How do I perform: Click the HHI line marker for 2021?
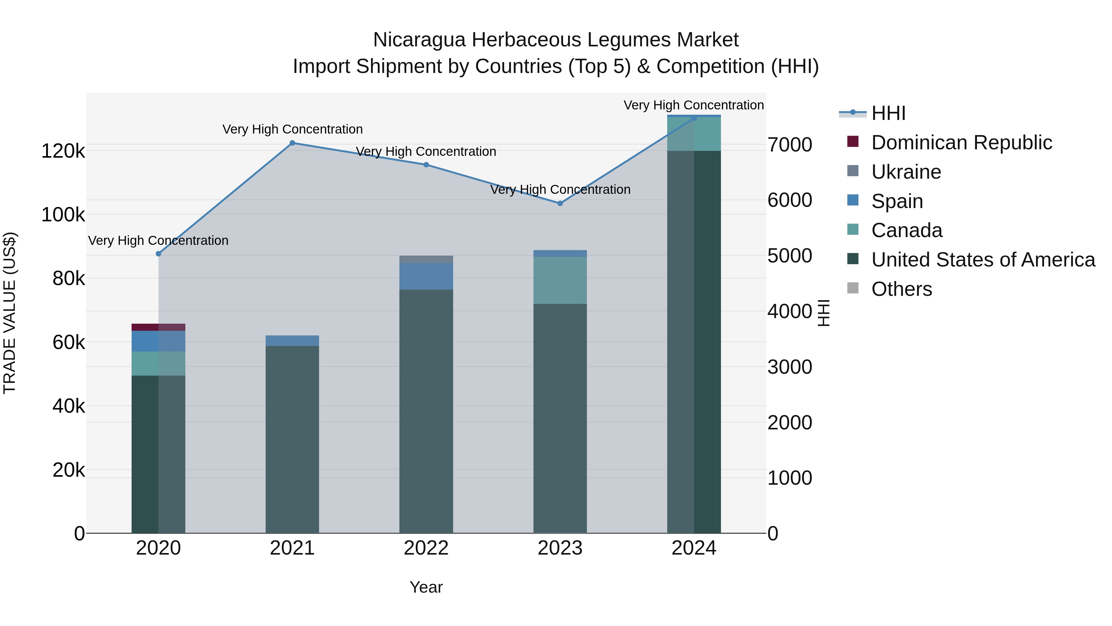point(292,143)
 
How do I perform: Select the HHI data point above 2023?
point(560,203)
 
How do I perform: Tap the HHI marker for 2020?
point(158,253)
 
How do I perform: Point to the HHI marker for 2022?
point(426,164)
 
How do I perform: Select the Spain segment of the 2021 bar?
point(292,340)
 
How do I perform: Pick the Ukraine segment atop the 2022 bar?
point(426,259)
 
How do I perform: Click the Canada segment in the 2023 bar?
point(560,280)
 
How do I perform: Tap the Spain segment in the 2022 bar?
point(426,276)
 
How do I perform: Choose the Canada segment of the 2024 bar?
point(694,134)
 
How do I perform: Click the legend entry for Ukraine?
point(906,172)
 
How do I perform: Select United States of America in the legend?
point(983,260)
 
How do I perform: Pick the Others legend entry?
point(901,289)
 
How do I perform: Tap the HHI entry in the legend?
point(888,113)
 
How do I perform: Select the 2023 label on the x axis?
point(560,548)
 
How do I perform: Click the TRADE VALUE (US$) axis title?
point(10,313)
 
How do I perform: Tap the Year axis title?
point(426,587)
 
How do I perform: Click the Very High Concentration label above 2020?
point(158,240)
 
